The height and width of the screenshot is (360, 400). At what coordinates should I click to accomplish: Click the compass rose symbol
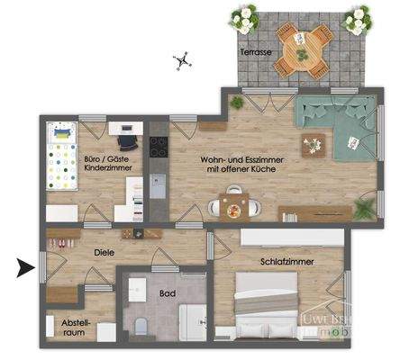point(182,61)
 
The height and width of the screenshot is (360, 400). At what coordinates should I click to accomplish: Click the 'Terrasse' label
point(256,53)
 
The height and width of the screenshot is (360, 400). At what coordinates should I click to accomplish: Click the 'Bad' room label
point(167,292)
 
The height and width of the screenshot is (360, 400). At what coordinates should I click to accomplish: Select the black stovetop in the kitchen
point(159,145)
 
